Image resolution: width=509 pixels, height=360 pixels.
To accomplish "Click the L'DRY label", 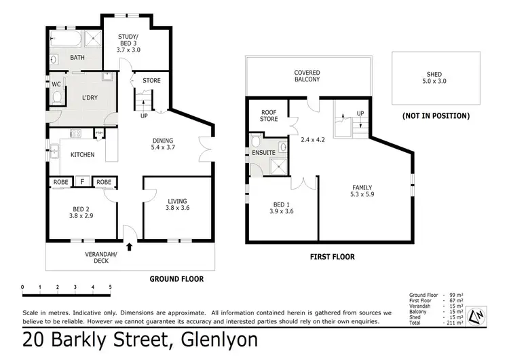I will tap(89, 98).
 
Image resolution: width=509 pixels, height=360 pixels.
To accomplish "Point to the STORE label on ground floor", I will tap(151, 81).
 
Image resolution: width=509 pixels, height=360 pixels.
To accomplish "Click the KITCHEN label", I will tap(83, 155).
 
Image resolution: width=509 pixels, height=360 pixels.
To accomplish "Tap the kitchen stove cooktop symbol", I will tap(75, 134).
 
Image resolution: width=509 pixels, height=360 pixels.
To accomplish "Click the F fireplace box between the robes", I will tap(82, 182).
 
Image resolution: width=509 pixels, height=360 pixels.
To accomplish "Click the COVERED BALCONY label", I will tap(307, 76).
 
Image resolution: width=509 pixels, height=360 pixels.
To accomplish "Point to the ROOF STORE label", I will tap(269, 115).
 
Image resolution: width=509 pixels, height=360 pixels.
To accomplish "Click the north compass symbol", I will tap(478, 314).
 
